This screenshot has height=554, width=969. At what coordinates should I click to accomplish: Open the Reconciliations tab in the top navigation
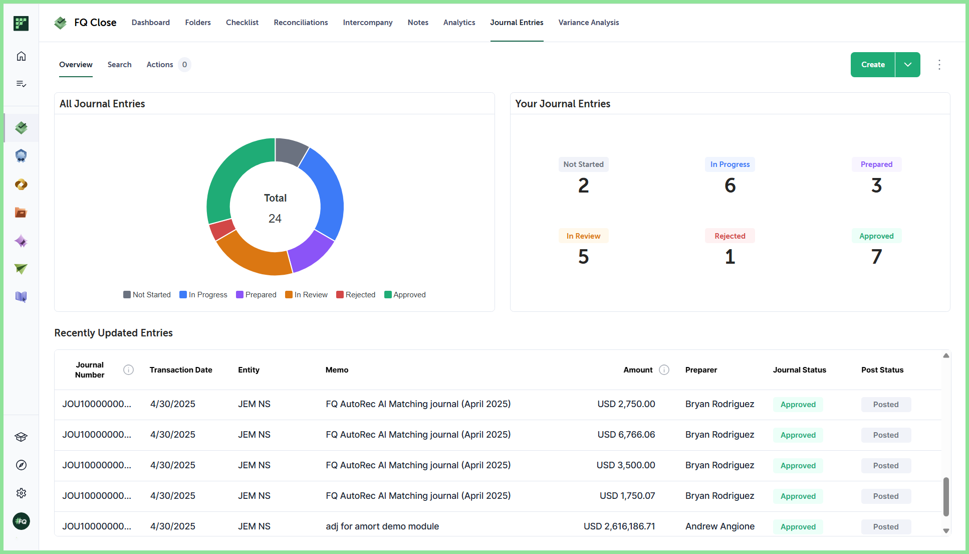pyautogui.click(x=301, y=23)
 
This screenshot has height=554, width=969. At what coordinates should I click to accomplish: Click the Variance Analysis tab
pyautogui.click(x=589, y=23)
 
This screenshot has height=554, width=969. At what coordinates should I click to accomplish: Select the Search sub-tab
pyautogui.click(x=119, y=65)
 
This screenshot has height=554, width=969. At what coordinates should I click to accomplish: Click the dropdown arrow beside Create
pyautogui.click(x=908, y=65)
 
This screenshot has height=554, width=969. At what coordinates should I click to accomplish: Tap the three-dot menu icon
pyautogui.click(x=939, y=65)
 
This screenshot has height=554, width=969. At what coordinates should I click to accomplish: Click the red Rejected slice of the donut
pyautogui.click(x=222, y=230)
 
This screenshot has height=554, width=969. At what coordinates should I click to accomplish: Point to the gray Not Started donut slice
pyautogui.click(x=291, y=150)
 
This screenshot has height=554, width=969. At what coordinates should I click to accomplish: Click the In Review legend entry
pyautogui.click(x=306, y=295)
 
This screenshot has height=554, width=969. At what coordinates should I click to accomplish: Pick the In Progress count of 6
pyautogui.click(x=730, y=186)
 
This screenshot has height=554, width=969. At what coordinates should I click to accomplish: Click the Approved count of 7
pyautogui.click(x=876, y=257)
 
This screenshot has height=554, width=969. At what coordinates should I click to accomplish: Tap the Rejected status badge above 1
pyautogui.click(x=730, y=236)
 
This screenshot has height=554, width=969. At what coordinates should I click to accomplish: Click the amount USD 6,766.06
pyautogui.click(x=626, y=435)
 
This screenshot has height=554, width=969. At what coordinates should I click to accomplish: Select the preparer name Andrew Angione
pyautogui.click(x=720, y=526)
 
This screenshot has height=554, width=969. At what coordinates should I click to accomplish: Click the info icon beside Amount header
pyautogui.click(x=664, y=370)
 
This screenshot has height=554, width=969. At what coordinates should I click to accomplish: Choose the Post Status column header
pyautogui.click(x=882, y=370)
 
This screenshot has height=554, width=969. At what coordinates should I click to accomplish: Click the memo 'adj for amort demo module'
pyautogui.click(x=382, y=526)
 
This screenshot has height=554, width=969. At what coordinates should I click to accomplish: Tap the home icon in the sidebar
pyautogui.click(x=21, y=56)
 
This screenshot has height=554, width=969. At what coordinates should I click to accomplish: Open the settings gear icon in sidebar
pyautogui.click(x=21, y=493)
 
